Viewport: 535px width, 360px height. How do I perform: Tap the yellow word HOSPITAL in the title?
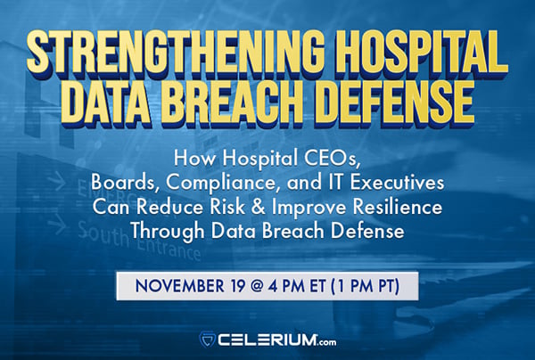tap(414, 46)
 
